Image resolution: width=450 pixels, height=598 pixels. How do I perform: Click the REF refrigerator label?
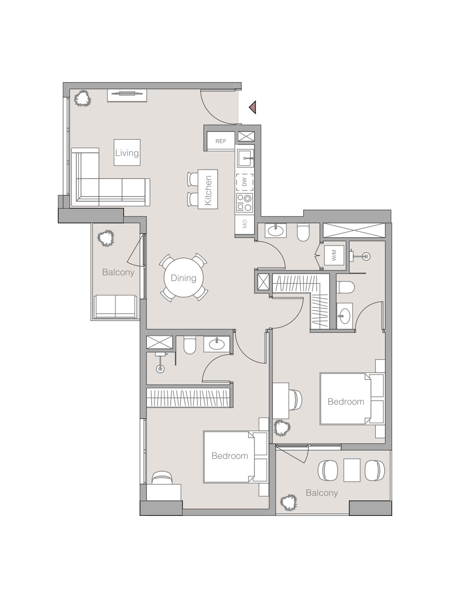click(x=221, y=141)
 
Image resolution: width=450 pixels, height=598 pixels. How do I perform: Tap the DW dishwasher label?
click(x=245, y=183)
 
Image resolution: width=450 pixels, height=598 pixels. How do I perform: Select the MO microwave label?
click(x=245, y=224)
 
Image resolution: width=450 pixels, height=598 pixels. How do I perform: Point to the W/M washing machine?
click(x=334, y=256)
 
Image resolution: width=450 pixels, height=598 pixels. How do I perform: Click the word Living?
click(x=127, y=153)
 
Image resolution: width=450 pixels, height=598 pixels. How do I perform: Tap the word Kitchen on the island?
click(x=208, y=190)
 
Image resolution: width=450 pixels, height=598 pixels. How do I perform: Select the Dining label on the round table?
click(x=184, y=278)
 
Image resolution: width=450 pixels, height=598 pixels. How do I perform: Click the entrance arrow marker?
click(x=252, y=107)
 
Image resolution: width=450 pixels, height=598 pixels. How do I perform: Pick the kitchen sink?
click(x=245, y=158)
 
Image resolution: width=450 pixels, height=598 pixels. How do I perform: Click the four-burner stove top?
click(x=245, y=203)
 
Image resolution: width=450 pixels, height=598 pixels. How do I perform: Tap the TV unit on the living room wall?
click(x=127, y=94)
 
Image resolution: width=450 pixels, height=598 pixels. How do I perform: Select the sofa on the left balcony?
click(x=115, y=306)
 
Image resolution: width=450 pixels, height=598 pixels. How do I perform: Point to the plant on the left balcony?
click(x=106, y=238)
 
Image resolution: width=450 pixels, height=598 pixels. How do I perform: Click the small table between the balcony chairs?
click(x=352, y=470)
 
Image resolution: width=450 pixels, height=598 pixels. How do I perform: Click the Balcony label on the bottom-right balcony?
click(x=322, y=493)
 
